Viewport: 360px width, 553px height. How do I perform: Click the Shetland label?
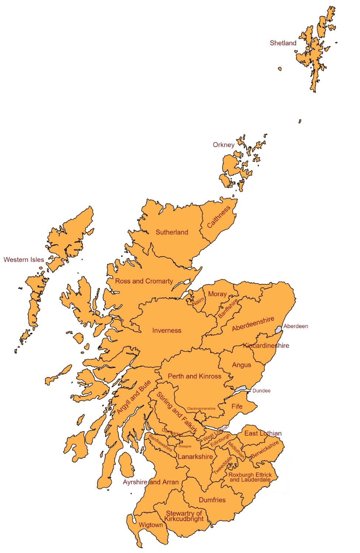283,43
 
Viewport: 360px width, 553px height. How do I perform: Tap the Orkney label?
224,145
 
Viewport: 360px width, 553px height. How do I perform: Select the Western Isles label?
24,260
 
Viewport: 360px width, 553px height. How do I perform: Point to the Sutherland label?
172,232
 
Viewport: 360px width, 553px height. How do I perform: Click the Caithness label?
219,217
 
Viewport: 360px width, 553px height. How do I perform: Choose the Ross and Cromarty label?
144,281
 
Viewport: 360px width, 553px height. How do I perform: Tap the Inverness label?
167,331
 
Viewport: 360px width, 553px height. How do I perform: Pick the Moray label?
217,294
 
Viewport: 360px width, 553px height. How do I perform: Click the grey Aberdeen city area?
278,329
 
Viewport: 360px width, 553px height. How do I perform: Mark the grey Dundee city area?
241,389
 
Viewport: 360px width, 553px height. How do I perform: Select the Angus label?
242,365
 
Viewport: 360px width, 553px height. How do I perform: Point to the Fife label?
237,406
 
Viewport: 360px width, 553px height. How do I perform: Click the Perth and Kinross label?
194,376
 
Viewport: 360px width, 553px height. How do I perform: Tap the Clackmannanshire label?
201,408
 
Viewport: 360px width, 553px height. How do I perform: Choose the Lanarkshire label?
195,457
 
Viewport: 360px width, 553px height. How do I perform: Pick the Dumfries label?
212,500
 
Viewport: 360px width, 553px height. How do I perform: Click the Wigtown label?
150,525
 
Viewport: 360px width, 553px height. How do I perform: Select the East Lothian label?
263,434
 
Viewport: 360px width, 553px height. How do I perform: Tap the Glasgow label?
185,446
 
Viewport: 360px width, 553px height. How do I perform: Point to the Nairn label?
198,301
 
